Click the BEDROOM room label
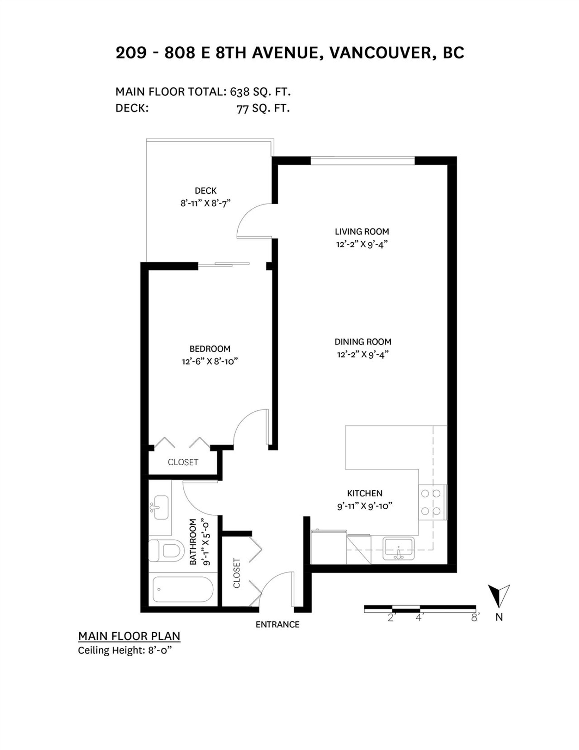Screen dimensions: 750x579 210,349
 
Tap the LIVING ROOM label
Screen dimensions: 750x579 362,232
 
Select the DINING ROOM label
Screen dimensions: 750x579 363,342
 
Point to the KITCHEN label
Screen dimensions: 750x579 364,493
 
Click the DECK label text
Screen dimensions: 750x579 205,191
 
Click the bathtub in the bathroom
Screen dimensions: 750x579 182,590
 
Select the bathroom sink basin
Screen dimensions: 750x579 160,507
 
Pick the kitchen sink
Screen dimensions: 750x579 399,549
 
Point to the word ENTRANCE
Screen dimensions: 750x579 277,624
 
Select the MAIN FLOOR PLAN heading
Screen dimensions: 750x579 129,636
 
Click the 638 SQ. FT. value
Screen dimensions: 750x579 260,92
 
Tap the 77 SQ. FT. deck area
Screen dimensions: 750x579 263,109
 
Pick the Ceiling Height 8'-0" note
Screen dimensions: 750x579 124,650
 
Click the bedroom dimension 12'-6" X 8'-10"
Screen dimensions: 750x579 210,361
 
